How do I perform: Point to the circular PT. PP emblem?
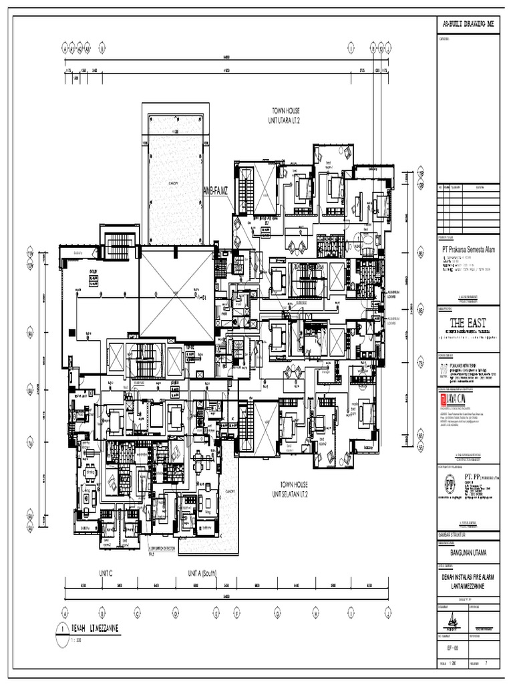tap(448, 484)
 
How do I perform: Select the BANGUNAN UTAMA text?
tap(468, 552)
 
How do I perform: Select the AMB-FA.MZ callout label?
tap(215, 192)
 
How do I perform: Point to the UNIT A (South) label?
tap(206, 574)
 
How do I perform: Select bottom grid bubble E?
tap(216, 611)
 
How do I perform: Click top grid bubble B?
tap(102, 48)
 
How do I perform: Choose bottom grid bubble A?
tap(65, 611)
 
